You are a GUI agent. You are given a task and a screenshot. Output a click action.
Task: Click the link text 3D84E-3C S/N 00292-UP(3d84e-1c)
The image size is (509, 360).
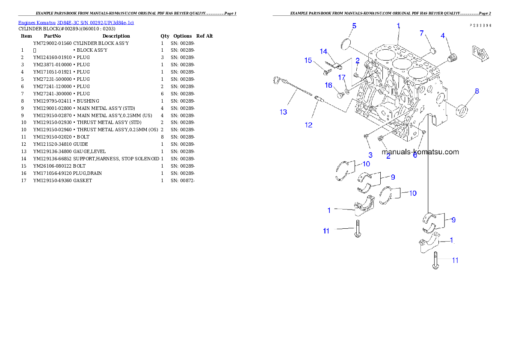pos(95,23)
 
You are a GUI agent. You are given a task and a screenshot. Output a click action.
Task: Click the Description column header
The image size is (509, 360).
pos(116,36)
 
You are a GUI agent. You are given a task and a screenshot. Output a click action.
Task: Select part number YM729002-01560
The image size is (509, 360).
pos(52,43)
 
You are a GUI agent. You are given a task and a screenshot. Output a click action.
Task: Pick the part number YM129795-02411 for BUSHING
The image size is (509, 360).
pos(52,101)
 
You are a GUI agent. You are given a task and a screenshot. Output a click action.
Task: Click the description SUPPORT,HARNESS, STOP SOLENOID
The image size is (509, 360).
pos(116,159)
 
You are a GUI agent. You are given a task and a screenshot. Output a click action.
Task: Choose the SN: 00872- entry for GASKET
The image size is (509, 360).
pos(183,180)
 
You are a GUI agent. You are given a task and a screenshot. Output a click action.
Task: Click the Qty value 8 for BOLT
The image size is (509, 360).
pos(162,137)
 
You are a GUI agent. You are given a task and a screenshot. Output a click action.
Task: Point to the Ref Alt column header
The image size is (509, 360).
pos(204,36)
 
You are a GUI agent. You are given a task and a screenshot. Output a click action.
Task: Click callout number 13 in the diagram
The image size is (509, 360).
pos(284,112)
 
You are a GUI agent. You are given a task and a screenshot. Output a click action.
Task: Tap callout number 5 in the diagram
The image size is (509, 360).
pos(354,26)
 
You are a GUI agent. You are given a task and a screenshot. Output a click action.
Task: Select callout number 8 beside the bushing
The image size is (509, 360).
pos(477,91)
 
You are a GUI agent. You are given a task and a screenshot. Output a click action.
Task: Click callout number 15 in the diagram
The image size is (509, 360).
pos(308,60)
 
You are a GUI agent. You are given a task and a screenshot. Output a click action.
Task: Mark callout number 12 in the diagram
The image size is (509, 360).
pos(308,125)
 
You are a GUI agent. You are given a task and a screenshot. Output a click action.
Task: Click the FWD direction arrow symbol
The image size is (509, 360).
pos(480,54)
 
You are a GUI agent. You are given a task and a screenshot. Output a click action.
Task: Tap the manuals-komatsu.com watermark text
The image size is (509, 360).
pos(420,152)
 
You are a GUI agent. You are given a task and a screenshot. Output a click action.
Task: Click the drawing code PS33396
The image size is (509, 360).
pos(480,25)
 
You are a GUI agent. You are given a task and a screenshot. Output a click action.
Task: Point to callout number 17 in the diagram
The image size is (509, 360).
pos(342,77)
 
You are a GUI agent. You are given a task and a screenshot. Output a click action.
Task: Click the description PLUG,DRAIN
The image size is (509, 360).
pos(87,173)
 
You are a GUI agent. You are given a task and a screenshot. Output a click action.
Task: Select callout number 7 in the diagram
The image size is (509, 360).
pos(422,33)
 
